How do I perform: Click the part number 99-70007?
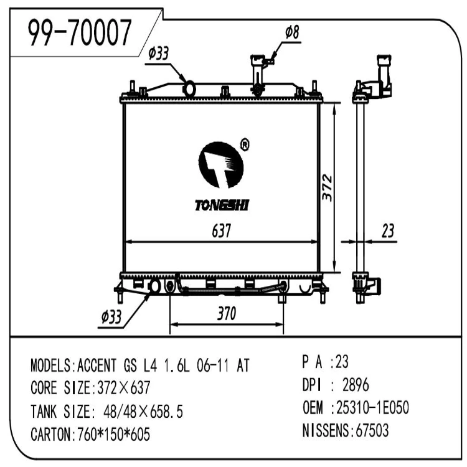point(80,32)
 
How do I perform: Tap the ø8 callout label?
point(292,32)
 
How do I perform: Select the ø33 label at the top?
point(158,54)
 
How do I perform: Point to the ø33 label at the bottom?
point(111,316)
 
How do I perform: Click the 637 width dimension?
point(222,231)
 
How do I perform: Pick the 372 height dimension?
point(327,187)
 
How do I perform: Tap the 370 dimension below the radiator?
point(227,313)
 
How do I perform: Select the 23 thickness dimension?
point(388,231)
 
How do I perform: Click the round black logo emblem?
point(221,165)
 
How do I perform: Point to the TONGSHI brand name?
point(222,205)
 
